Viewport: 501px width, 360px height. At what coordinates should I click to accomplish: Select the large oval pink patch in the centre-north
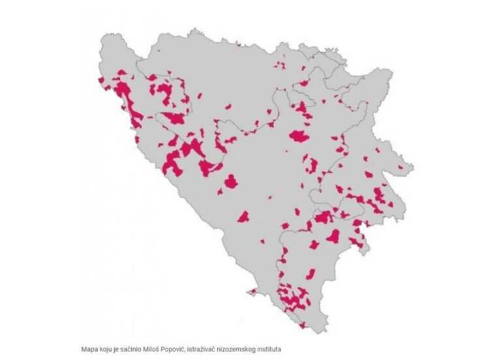(x=299, y=136)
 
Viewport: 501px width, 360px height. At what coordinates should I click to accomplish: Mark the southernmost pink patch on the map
(x=302, y=324)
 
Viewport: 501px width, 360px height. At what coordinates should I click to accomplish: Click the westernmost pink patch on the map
(x=101, y=80)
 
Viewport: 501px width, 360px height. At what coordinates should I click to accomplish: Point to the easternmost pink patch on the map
(x=391, y=204)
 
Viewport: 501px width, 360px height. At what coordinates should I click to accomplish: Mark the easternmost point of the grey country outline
(x=413, y=171)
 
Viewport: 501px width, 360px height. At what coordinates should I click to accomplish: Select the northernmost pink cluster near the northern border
(x=281, y=65)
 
